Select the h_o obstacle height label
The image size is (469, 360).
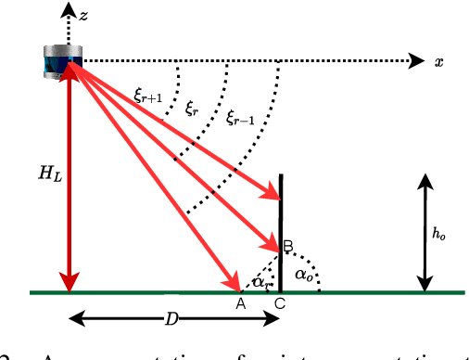coord(438,235)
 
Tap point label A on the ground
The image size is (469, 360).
coord(240,304)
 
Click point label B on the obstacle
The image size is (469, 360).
coord(287,246)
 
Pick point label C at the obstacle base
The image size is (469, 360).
coord(280,305)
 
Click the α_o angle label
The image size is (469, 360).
coord(302,276)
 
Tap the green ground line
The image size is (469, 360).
coord(371,293)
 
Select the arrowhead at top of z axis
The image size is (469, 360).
coord(67,11)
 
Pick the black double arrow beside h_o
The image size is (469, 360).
coord(425,235)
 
